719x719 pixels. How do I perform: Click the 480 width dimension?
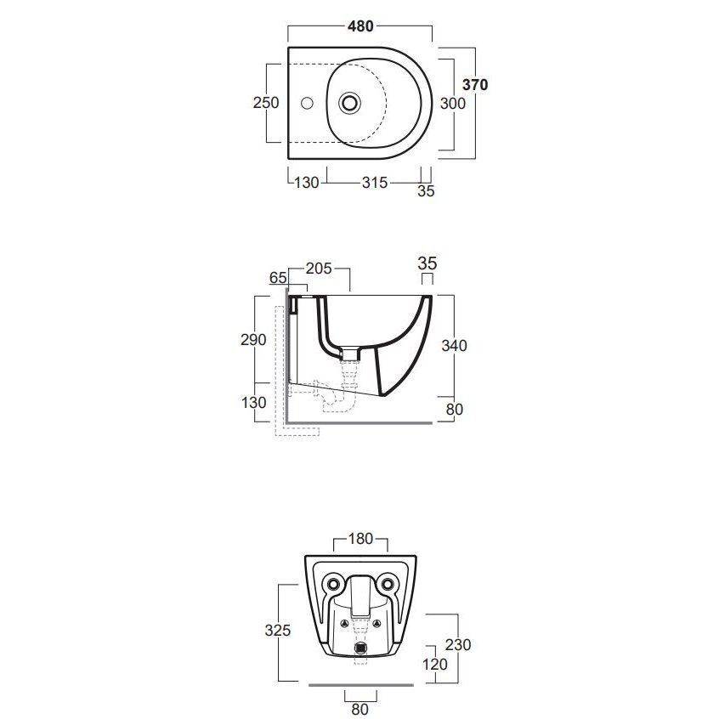[x=360, y=27]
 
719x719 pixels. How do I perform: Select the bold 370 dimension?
[x=474, y=84]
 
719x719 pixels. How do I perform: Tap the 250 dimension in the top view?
[x=266, y=103]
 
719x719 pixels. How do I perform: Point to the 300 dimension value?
[x=453, y=103]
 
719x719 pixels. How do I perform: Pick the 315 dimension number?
[x=374, y=183]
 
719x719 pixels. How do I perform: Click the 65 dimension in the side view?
[x=277, y=277]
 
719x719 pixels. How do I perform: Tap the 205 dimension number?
[x=319, y=269]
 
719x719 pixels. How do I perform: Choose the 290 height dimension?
[x=254, y=339]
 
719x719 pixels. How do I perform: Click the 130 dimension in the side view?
[x=254, y=402]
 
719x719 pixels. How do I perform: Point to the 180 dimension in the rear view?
[x=360, y=539]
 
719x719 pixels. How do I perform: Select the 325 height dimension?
[x=278, y=630]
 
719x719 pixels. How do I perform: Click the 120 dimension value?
[x=434, y=665]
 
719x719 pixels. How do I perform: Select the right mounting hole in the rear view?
[x=388, y=583]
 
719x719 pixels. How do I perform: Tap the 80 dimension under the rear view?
[x=359, y=708]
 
